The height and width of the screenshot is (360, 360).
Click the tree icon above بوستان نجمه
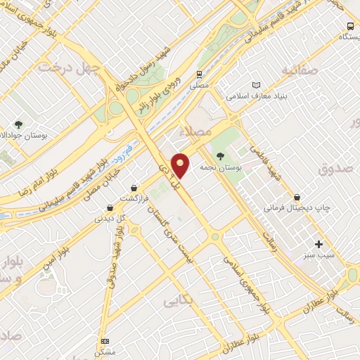tap(221, 156)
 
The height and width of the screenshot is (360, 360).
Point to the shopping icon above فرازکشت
tap(134, 188)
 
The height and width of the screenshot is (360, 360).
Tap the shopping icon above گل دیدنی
tap(110, 207)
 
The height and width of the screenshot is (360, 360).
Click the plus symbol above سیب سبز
tap(319, 244)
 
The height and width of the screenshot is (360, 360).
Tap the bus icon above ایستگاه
tap(349, 25)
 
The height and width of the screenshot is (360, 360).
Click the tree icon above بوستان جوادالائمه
tap(18, 124)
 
